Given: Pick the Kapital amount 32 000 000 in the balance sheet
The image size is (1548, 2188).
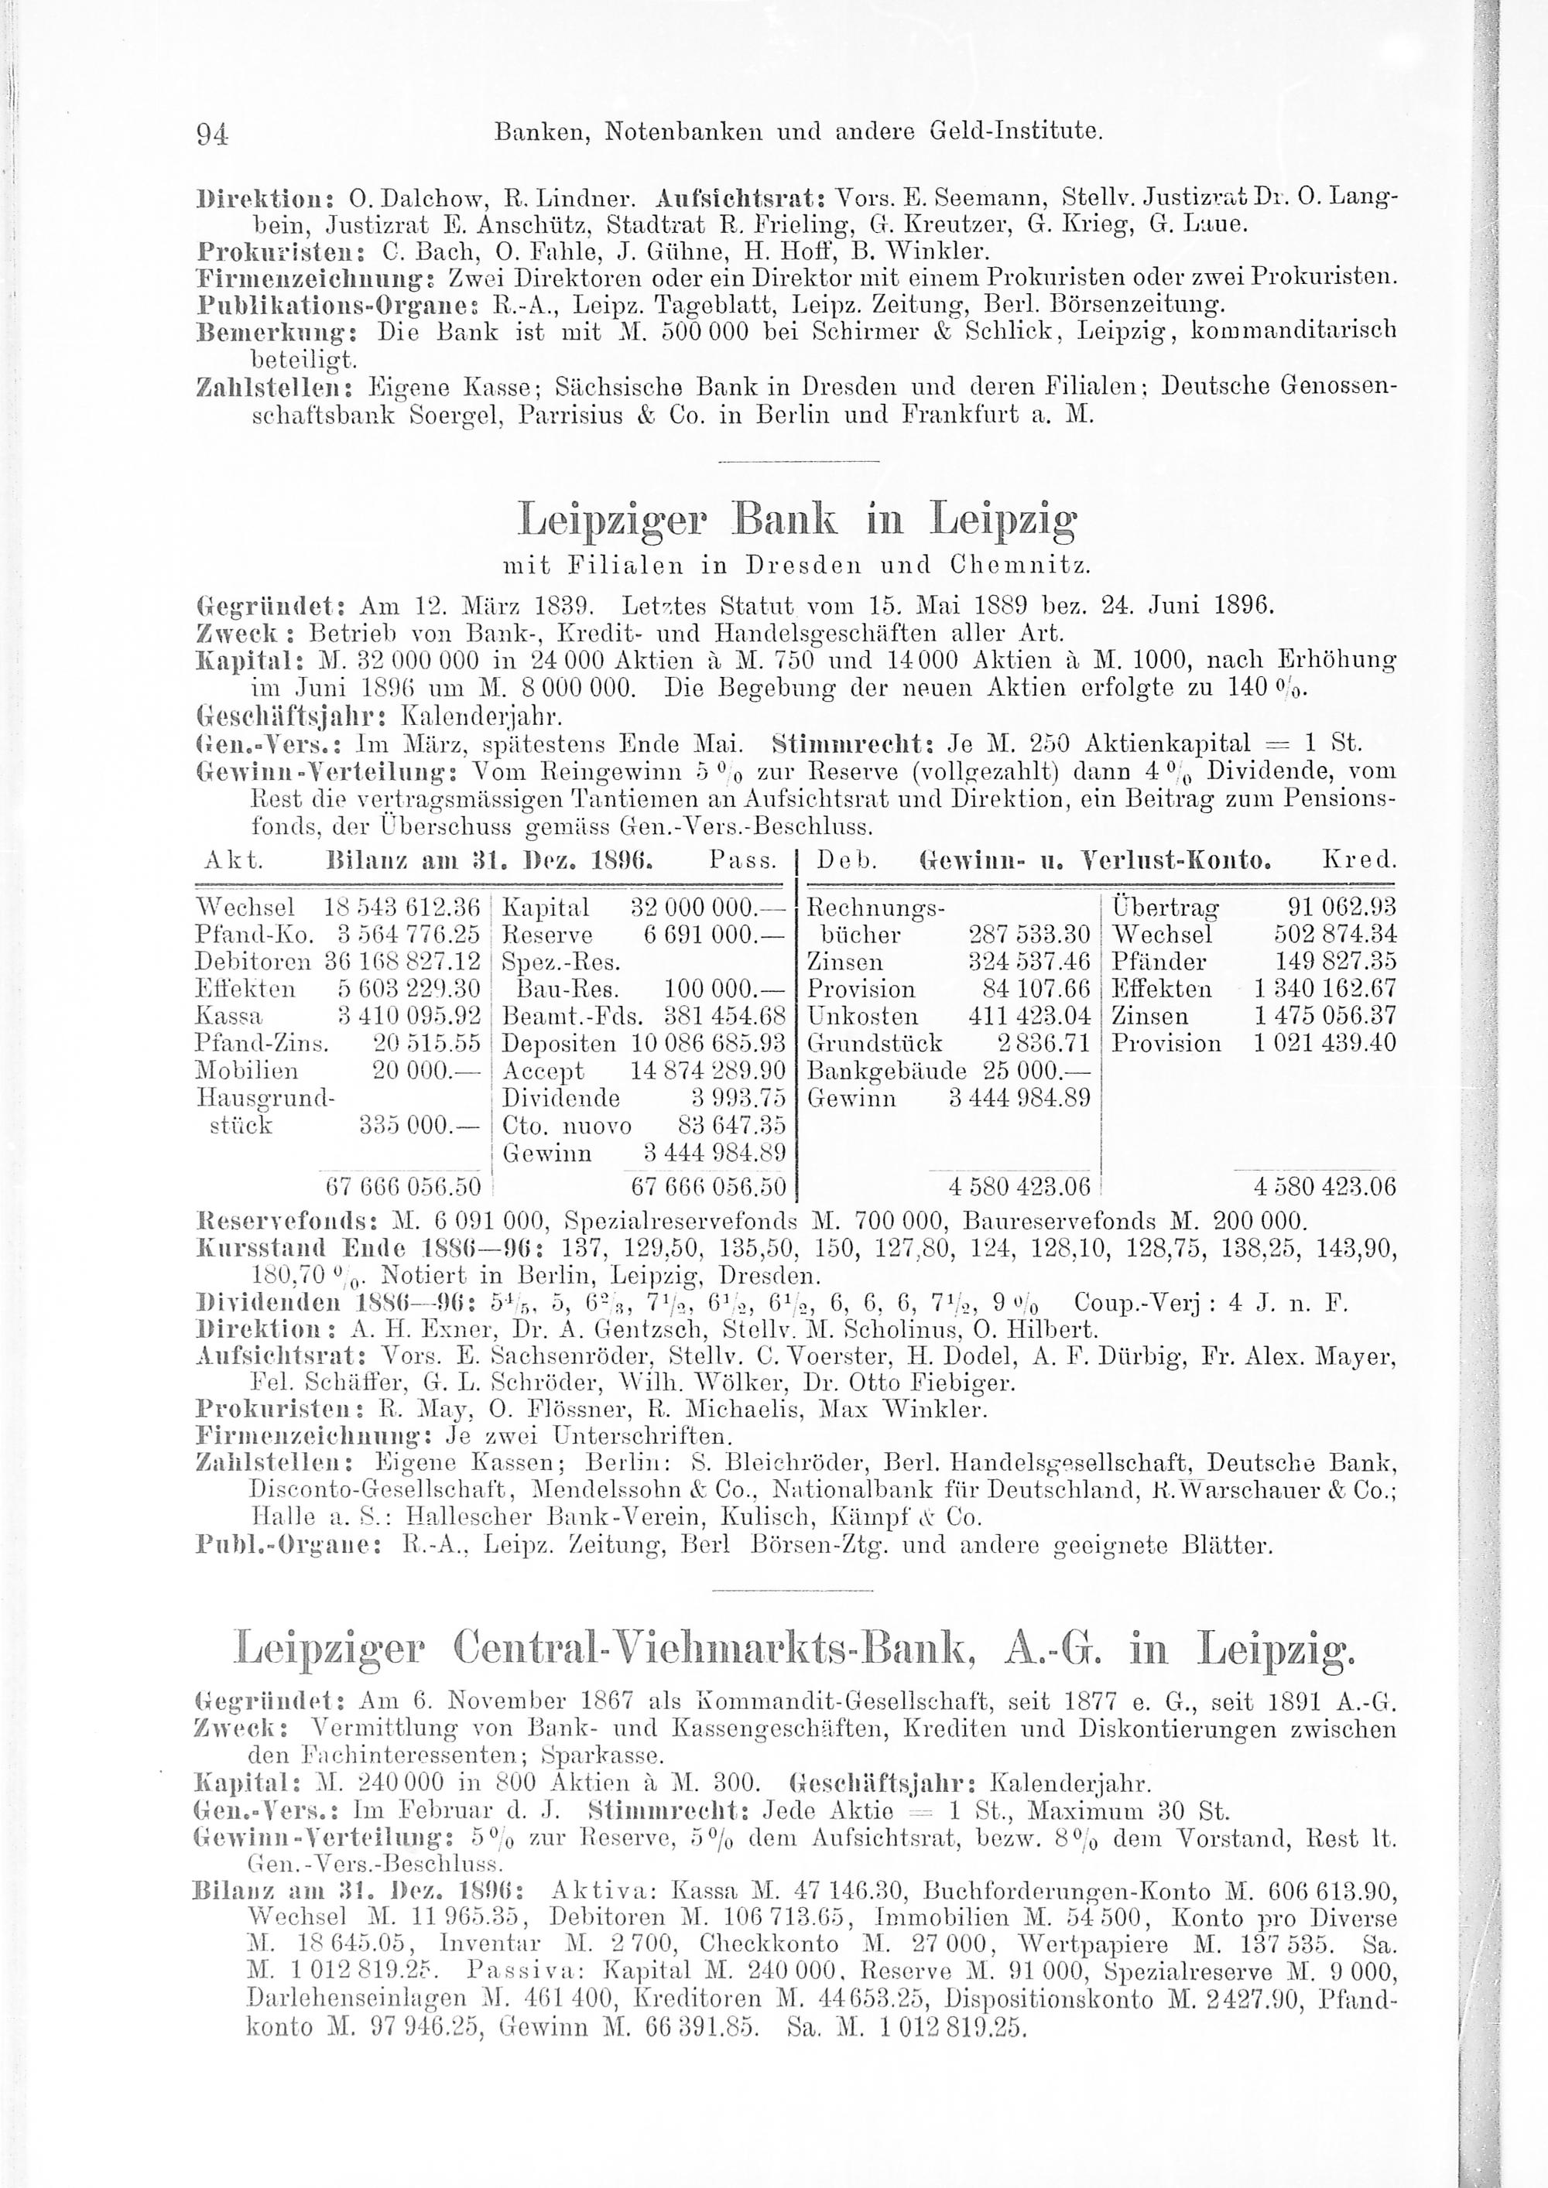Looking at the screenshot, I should [x=707, y=906].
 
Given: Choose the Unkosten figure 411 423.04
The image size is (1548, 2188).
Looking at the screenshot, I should [x=1029, y=1016].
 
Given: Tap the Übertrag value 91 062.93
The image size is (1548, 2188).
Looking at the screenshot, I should [x=1341, y=906].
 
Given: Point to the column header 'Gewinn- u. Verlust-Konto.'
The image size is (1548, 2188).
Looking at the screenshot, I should [x=1094, y=861].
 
